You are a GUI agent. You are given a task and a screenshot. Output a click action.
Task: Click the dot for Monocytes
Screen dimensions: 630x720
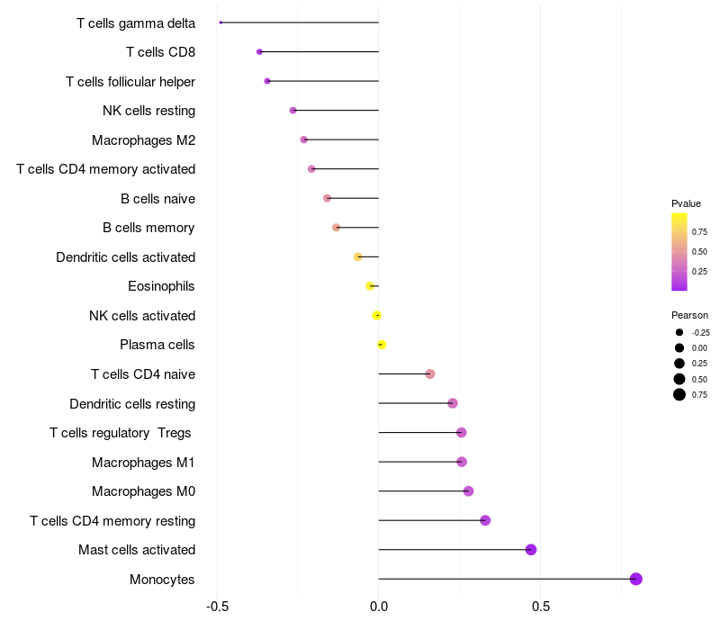coord(636,579)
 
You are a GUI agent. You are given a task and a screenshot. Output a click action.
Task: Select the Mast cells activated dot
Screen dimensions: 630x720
coord(531,550)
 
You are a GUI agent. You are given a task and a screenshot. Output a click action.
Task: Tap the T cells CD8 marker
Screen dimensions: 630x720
coord(259,52)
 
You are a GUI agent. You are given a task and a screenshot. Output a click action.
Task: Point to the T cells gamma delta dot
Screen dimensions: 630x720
coord(220,22)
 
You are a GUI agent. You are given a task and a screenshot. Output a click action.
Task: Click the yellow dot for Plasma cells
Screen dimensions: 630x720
coord(382,345)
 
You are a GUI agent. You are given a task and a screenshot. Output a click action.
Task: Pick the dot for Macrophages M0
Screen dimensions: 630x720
coord(468,491)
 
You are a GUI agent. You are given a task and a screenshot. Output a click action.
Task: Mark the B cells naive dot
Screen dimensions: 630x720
coord(327,198)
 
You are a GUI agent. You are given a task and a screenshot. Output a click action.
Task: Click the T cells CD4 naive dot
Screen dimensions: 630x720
coord(430,373)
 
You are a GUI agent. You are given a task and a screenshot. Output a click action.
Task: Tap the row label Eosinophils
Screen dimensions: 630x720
coord(161,286)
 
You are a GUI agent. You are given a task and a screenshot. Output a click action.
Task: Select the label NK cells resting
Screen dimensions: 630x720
coord(148,111)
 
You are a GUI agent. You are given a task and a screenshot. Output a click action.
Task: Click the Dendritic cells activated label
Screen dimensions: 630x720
coord(125,257)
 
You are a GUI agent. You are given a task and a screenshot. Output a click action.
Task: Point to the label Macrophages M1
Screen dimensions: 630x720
coord(143,463)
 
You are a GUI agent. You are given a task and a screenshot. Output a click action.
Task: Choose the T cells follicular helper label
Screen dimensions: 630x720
coord(130,82)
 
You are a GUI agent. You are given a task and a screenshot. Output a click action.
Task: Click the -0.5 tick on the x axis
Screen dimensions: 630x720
coord(217,606)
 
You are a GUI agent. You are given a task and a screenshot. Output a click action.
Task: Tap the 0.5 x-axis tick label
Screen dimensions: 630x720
coord(540,606)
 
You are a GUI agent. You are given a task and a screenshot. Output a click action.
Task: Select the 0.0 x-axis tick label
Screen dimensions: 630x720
coord(379,606)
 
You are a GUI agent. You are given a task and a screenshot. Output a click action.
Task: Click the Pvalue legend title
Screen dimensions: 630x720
coord(686,203)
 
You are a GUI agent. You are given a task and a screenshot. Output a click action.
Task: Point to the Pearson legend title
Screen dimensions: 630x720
coord(689,315)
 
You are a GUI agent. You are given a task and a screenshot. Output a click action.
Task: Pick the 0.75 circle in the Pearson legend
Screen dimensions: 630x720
coord(679,394)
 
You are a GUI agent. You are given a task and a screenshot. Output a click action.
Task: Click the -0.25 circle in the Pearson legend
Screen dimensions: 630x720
coord(679,332)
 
